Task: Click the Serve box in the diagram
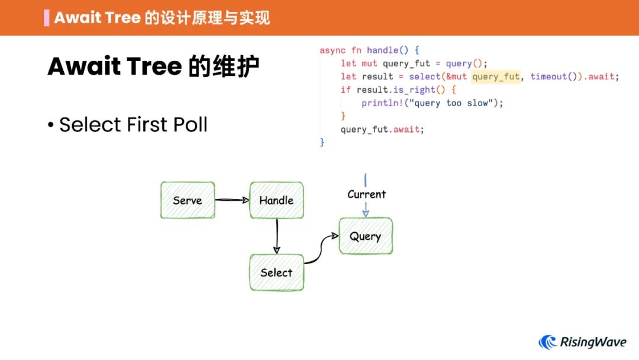tap(188, 200)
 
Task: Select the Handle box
tap(276, 200)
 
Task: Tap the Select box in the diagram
tap(276, 272)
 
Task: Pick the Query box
tap(365, 236)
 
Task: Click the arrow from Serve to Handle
tap(231, 200)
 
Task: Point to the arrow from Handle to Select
tap(276, 236)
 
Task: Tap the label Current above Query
tap(366, 194)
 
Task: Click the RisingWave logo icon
tap(548, 342)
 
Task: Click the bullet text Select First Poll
tap(133, 125)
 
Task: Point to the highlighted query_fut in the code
tap(496, 76)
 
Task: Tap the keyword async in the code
tap(333, 50)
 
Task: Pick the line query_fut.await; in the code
tap(382, 129)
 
